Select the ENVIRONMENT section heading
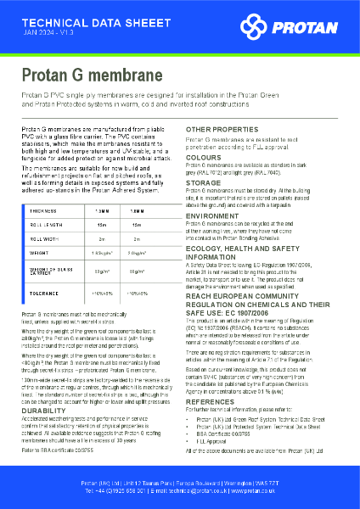coord(211,216)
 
